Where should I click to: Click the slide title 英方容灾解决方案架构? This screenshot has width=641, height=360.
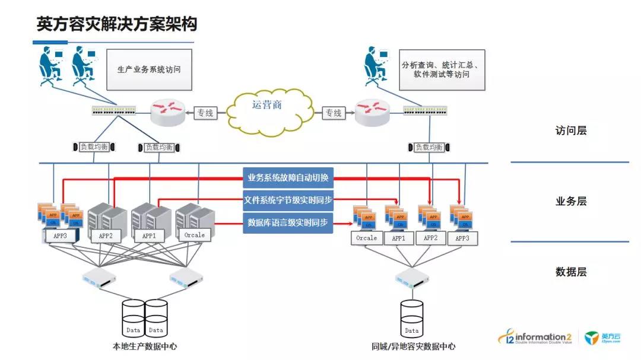tap(117, 24)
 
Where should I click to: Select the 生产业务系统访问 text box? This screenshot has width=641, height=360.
tap(149, 69)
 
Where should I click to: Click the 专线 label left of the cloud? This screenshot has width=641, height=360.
tap(205, 113)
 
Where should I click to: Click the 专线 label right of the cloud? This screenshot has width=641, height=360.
tap(333, 113)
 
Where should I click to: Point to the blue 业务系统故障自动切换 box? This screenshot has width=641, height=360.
tap(288, 177)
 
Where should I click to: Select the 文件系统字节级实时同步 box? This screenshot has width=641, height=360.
tap(288, 200)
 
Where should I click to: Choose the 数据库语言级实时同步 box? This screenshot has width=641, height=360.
tap(288, 224)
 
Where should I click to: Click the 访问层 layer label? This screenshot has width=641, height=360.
tap(570, 130)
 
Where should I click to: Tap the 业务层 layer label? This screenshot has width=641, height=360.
tap(570, 201)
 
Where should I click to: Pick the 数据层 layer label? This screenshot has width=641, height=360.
tap(570, 272)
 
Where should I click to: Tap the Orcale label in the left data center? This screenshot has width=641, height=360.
tap(194, 235)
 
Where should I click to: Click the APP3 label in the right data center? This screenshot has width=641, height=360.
tap(462, 238)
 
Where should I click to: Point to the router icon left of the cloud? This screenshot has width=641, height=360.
tap(167, 111)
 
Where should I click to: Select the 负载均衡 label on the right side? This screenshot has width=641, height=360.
tap(429, 147)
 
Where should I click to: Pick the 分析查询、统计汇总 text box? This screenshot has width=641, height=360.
tap(442, 69)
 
